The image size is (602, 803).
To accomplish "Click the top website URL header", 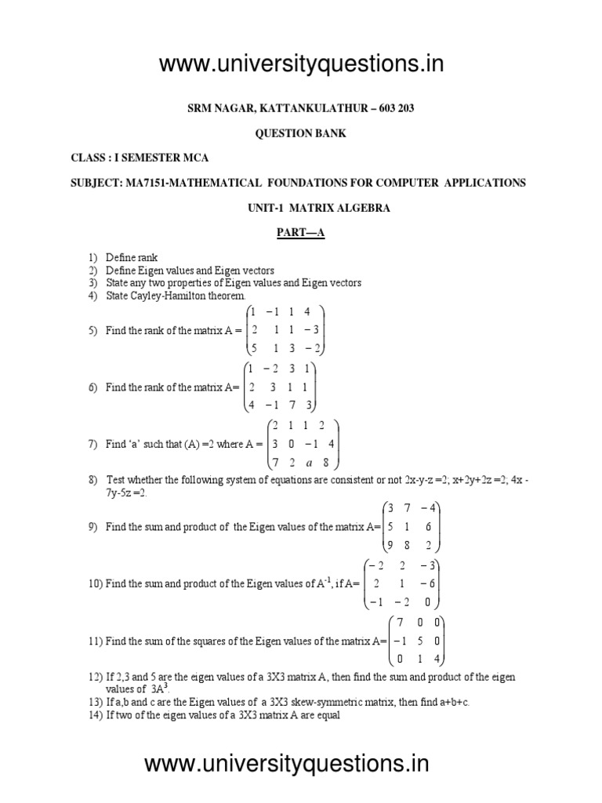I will point(301,64).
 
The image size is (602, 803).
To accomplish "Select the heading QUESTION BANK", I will point(301,133).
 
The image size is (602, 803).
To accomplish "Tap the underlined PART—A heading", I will point(302,233).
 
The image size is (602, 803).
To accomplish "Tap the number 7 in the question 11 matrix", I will point(401,623).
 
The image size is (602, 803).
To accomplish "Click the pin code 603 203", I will point(396,108).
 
